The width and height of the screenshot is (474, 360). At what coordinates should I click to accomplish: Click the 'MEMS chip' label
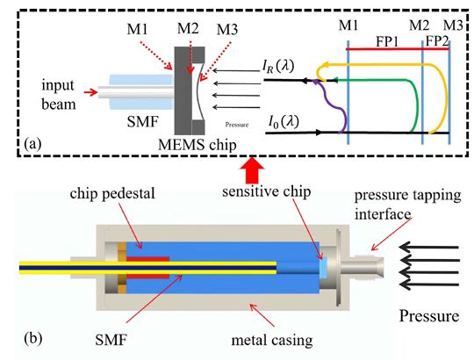(197, 145)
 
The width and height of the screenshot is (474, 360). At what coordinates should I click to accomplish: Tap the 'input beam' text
(58, 95)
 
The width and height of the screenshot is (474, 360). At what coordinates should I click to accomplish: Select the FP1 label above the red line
(387, 42)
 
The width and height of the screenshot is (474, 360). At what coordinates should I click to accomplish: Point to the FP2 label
(437, 41)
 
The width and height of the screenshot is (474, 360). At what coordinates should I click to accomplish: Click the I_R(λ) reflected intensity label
(278, 66)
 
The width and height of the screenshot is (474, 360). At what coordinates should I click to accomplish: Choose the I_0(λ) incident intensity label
(284, 122)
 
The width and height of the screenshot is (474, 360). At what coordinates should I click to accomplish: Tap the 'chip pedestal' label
(112, 193)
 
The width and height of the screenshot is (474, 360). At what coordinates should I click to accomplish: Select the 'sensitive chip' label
(266, 191)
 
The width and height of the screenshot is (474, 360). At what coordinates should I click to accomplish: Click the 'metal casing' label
(272, 341)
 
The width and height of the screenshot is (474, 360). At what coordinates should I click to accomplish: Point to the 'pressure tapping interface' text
(407, 205)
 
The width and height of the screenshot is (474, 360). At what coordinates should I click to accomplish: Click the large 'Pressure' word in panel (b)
(429, 316)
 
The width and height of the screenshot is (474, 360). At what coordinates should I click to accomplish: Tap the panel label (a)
(32, 144)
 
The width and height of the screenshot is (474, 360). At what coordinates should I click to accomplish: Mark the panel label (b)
(33, 338)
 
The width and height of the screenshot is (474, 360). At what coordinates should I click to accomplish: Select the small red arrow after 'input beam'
(90, 91)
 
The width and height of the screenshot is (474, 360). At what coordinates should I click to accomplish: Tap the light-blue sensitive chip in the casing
(323, 268)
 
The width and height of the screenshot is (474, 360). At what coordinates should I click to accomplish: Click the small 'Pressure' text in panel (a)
(237, 124)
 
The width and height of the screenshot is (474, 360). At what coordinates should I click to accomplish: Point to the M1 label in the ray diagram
(348, 25)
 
